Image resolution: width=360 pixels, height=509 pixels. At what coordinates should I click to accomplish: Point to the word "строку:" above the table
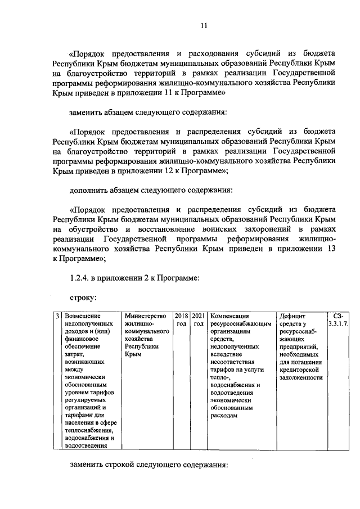tap(82, 296)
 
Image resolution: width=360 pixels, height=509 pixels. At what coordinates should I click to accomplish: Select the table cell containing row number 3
tap(58, 316)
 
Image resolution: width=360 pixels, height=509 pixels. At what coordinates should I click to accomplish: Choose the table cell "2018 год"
tap(182, 320)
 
